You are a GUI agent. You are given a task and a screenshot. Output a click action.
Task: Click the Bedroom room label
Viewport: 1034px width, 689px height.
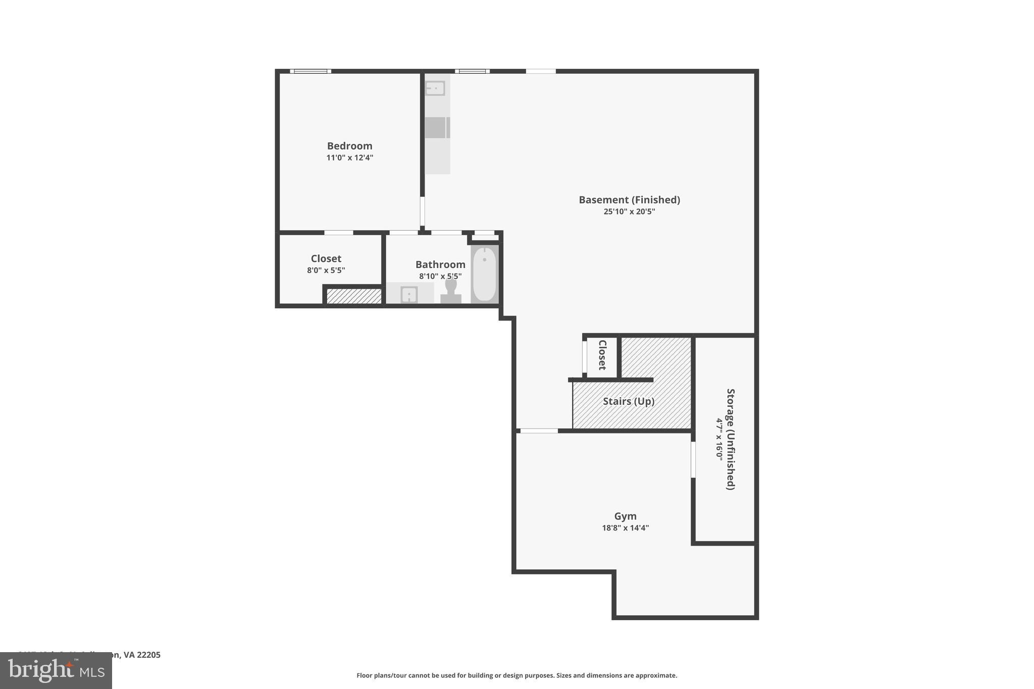(x=349, y=146)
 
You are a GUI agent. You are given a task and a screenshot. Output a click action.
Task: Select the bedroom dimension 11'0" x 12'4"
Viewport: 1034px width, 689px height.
(x=349, y=157)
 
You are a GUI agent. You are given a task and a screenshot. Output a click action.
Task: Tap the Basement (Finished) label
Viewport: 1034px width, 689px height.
(x=629, y=200)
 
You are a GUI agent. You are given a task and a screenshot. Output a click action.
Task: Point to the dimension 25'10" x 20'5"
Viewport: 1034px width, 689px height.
(x=629, y=211)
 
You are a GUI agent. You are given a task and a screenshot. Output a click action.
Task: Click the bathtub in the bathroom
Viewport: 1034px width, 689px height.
(x=485, y=274)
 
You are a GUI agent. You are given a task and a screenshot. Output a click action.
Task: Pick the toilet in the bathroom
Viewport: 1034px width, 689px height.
(x=450, y=292)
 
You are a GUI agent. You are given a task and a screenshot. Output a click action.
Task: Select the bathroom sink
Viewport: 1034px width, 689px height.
(x=409, y=294)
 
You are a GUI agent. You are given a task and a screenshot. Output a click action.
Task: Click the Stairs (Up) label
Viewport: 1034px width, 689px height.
(x=629, y=401)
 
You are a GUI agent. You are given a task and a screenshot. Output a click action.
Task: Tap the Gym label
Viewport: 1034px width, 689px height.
(x=625, y=516)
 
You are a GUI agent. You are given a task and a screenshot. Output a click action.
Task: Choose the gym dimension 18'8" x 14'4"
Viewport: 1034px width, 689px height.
(x=625, y=528)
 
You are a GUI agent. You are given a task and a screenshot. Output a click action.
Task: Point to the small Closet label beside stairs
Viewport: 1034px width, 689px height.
(x=602, y=355)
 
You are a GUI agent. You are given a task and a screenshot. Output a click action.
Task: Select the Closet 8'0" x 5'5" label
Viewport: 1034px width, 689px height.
(x=326, y=264)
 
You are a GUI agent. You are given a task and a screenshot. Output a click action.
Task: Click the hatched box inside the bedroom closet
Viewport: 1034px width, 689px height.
(x=354, y=296)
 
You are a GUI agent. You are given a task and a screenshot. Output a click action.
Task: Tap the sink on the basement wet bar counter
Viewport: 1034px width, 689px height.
(x=435, y=89)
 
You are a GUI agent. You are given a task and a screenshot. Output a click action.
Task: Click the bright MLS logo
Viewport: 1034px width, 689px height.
(x=56, y=671)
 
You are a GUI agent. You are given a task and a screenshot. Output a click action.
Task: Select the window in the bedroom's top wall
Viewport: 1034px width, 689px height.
(x=311, y=71)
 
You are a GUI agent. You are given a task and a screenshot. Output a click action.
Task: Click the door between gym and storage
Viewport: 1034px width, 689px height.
(x=693, y=459)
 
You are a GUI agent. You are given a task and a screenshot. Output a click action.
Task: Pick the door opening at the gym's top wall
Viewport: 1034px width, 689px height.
(x=539, y=431)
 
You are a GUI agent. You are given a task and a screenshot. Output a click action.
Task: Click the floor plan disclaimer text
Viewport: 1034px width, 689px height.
(x=516, y=675)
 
